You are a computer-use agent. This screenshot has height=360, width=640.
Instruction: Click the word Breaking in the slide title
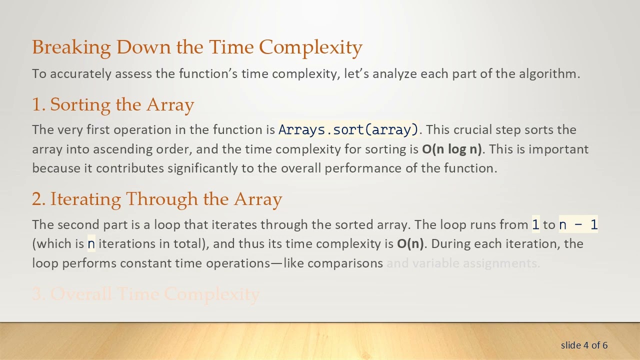(71, 47)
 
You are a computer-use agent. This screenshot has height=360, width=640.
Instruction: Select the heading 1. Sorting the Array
(113, 105)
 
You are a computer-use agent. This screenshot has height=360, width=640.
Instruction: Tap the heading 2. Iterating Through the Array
(157, 199)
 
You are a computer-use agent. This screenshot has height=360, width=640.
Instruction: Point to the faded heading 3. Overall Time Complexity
(145, 294)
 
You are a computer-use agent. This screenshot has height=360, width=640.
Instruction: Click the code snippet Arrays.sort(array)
(348, 130)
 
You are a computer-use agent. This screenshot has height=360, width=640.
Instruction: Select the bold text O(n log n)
(451, 149)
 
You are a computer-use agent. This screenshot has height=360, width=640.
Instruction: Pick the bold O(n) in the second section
(410, 243)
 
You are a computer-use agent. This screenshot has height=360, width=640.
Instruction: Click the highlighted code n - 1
(578, 224)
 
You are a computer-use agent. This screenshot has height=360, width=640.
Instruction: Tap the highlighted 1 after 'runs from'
(535, 224)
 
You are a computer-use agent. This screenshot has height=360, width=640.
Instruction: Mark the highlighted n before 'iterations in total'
(91, 244)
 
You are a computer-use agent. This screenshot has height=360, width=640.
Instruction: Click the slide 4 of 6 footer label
(584, 345)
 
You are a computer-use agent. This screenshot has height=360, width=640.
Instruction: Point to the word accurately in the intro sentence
(81, 74)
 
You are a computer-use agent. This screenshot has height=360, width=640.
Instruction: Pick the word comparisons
(345, 263)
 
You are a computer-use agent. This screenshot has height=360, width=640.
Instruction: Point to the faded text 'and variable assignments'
(463, 263)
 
